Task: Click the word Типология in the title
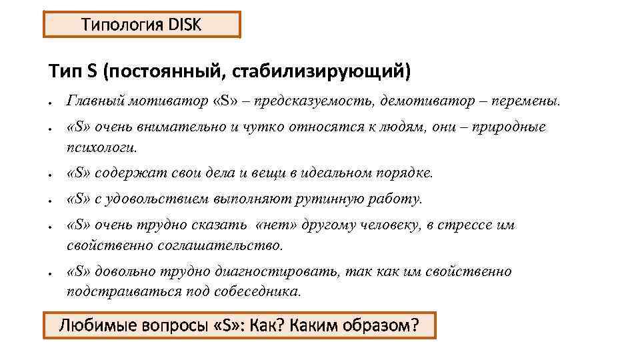tap(122, 25)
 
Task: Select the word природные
tap(509, 127)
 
